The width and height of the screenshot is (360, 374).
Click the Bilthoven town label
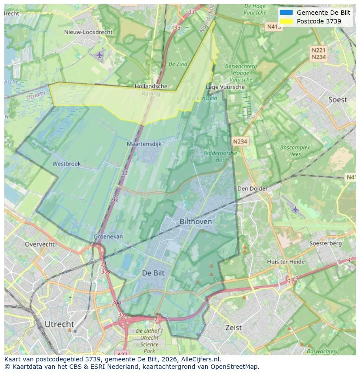[x=196, y=222]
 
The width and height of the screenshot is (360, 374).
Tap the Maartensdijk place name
[x=143, y=143]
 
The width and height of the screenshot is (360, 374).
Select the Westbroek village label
[x=67, y=164]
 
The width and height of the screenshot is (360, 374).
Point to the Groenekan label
[x=108, y=237]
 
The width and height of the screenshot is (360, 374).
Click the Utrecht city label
[x=59, y=324]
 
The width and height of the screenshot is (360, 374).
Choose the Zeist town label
[x=233, y=328]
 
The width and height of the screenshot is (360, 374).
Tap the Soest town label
[x=337, y=99]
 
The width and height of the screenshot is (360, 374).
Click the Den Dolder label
[x=252, y=189]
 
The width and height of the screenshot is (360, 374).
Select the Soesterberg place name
[x=325, y=243]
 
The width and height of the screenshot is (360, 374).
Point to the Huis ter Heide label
[x=286, y=261]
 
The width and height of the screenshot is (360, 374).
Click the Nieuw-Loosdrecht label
[x=88, y=32]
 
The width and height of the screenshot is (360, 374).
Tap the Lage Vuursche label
[x=225, y=87]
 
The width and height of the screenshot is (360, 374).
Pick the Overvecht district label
[x=40, y=244]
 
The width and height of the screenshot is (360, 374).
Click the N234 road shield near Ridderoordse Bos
[x=240, y=141]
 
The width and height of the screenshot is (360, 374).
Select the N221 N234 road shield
[x=319, y=53]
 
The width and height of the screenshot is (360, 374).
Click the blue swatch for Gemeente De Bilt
[x=287, y=13]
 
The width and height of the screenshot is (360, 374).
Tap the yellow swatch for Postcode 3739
[x=287, y=21]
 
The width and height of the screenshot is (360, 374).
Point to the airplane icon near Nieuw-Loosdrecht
[x=100, y=55]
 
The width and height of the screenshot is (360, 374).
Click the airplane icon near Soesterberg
[x=296, y=209]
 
